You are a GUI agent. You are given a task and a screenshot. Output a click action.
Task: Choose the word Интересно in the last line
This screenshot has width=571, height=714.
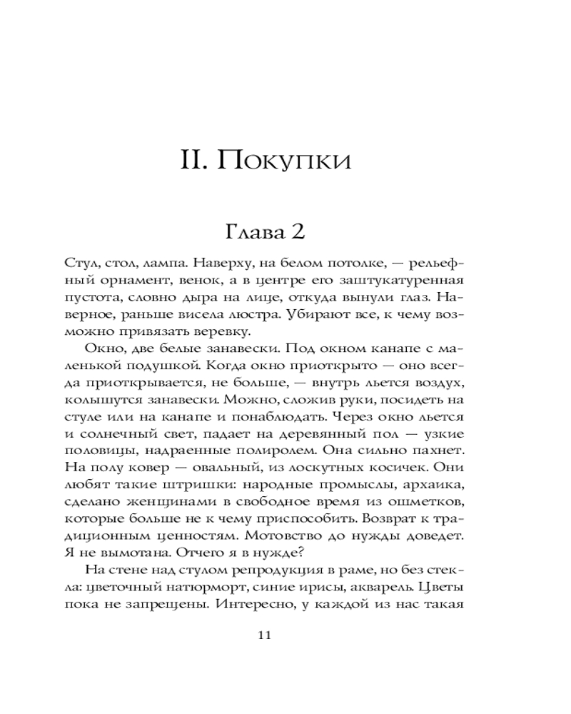coord(253,605)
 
